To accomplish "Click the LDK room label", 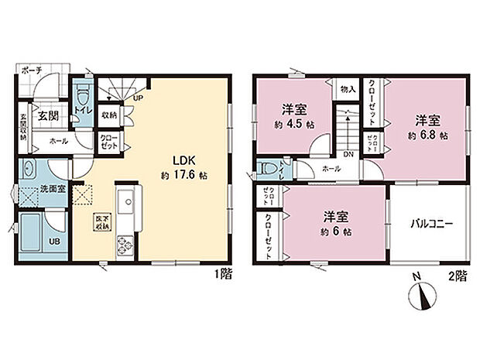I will [172, 160].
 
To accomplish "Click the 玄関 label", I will [46, 115].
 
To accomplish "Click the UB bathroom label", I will [54, 241].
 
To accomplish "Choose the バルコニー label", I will [430, 225].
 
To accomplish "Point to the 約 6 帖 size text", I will [335, 231].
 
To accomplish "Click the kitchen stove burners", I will [124, 248].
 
